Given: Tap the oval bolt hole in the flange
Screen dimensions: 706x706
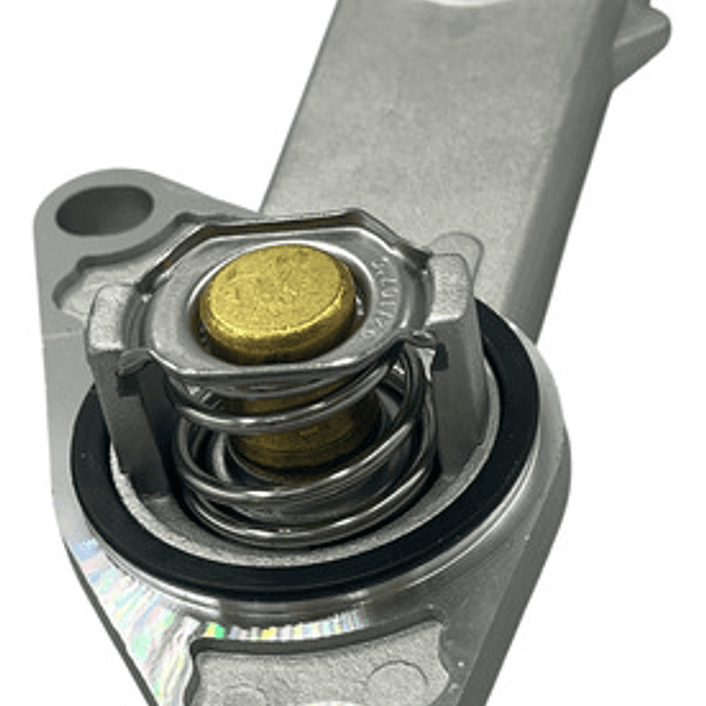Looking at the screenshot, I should [x=104, y=210].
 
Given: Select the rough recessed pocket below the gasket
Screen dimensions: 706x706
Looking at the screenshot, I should [x=324, y=668].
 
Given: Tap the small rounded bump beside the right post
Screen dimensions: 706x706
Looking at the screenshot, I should [x=471, y=245].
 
